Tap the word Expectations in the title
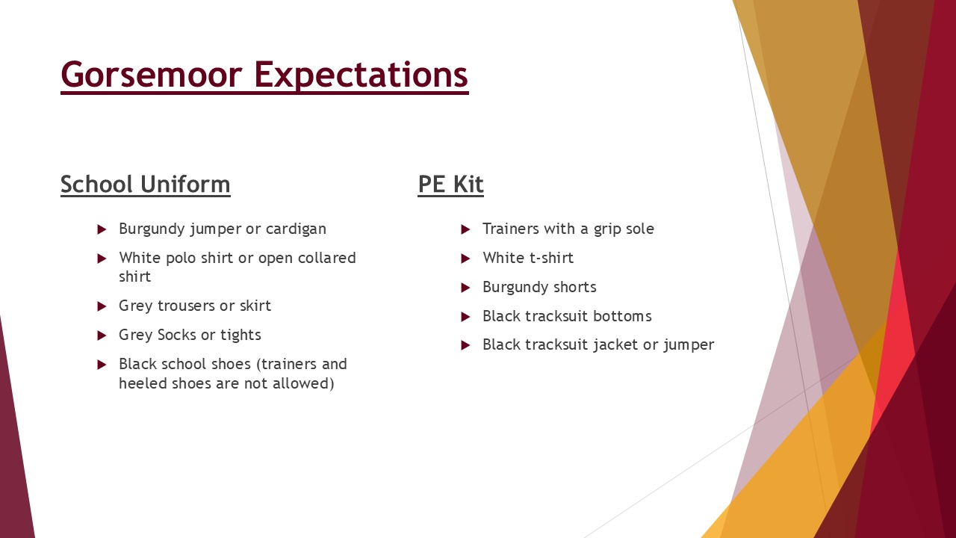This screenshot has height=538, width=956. [x=361, y=75]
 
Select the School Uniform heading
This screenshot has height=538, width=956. [x=146, y=185]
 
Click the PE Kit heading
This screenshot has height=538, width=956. [x=450, y=185]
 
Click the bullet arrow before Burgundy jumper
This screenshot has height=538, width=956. [x=102, y=229]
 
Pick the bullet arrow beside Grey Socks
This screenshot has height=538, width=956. [x=102, y=336]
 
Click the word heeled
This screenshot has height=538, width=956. [x=143, y=383]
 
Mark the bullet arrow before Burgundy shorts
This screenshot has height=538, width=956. [x=465, y=288]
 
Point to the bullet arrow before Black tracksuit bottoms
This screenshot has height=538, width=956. [x=465, y=317]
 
